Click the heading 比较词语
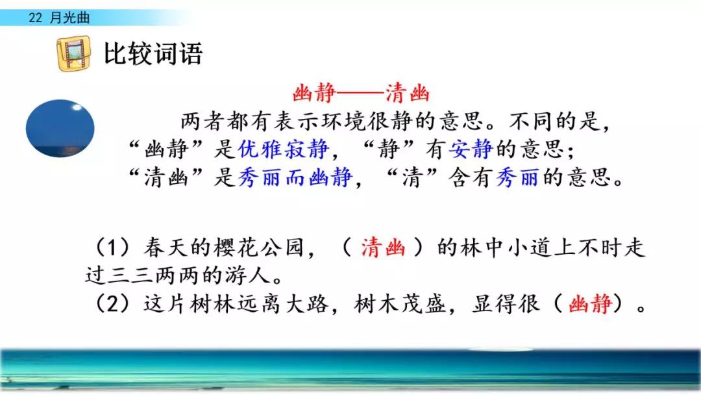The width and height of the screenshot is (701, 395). click(x=153, y=53)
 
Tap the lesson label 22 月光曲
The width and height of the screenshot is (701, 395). click(x=59, y=18)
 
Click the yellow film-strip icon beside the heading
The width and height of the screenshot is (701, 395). click(x=73, y=54)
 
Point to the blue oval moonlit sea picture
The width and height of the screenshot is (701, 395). click(x=60, y=129)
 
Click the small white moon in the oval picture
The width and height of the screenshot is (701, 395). click(x=77, y=107)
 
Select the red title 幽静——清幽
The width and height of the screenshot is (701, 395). click(x=361, y=94)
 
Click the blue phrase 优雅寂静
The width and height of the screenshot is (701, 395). click(x=283, y=149)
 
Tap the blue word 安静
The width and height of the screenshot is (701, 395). click(x=471, y=149)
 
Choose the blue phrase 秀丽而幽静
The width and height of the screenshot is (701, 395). click(x=295, y=177)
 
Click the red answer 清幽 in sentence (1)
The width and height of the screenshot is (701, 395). click(x=383, y=248)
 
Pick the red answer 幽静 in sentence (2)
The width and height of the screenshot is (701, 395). click(x=590, y=304)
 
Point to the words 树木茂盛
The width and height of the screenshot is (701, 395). click(x=400, y=304)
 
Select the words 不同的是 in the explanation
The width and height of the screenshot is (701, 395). click(x=554, y=121)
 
